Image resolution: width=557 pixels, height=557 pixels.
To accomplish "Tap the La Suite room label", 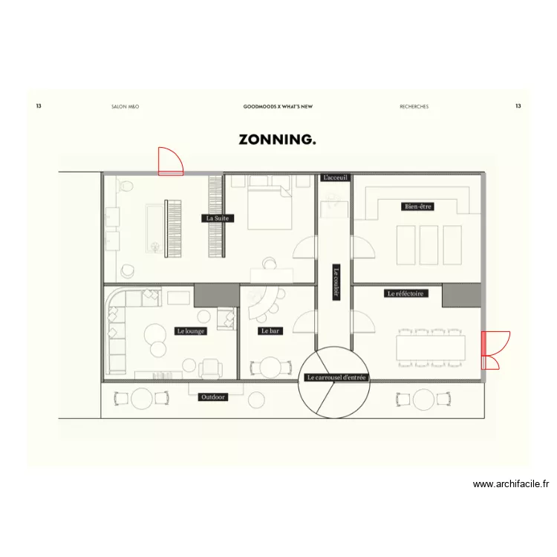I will [x=218, y=218].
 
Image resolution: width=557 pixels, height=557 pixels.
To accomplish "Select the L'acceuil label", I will [x=335, y=178].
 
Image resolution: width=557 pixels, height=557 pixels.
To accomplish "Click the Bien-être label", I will [x=418, y=206].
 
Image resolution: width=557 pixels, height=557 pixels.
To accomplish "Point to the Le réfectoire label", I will [x=407, y=293].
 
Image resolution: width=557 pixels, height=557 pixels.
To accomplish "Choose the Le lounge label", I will [x=190, y=331].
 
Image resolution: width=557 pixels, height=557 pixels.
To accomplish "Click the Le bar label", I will [x=270, y=331].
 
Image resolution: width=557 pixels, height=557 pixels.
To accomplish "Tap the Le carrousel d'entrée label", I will [x=336, y=377].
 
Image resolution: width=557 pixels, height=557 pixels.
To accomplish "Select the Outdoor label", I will [x=214, y=397].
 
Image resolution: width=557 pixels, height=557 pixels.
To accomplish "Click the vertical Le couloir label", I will [x=336, y=283].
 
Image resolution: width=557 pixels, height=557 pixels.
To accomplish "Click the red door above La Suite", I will [x=170, y=162].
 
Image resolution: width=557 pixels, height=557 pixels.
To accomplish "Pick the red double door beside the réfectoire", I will [x=493, y=350].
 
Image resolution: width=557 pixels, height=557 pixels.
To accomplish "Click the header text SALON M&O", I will [x=125, y=107].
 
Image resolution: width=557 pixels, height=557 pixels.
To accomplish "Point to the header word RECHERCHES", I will [x=414, y=107].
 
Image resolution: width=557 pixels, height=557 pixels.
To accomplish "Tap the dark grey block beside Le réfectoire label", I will [x=462, y=295].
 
